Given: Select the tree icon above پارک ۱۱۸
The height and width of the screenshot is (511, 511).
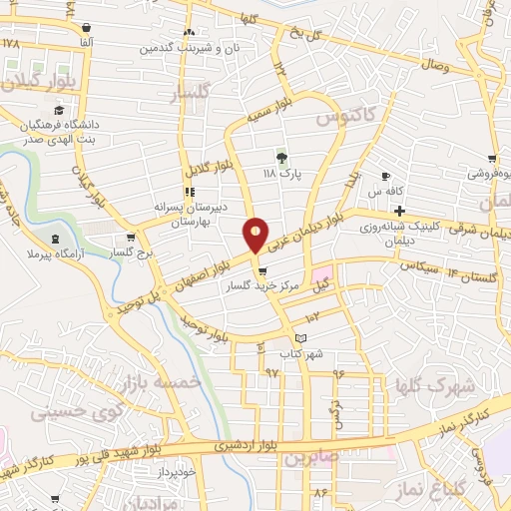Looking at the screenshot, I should [281, 156].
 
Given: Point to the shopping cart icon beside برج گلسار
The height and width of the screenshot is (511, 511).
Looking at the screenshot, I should [131, 239].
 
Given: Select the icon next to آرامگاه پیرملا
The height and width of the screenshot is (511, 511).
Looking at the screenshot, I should [54, 238].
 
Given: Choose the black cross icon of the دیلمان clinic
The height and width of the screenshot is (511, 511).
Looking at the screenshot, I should [399, 211].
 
